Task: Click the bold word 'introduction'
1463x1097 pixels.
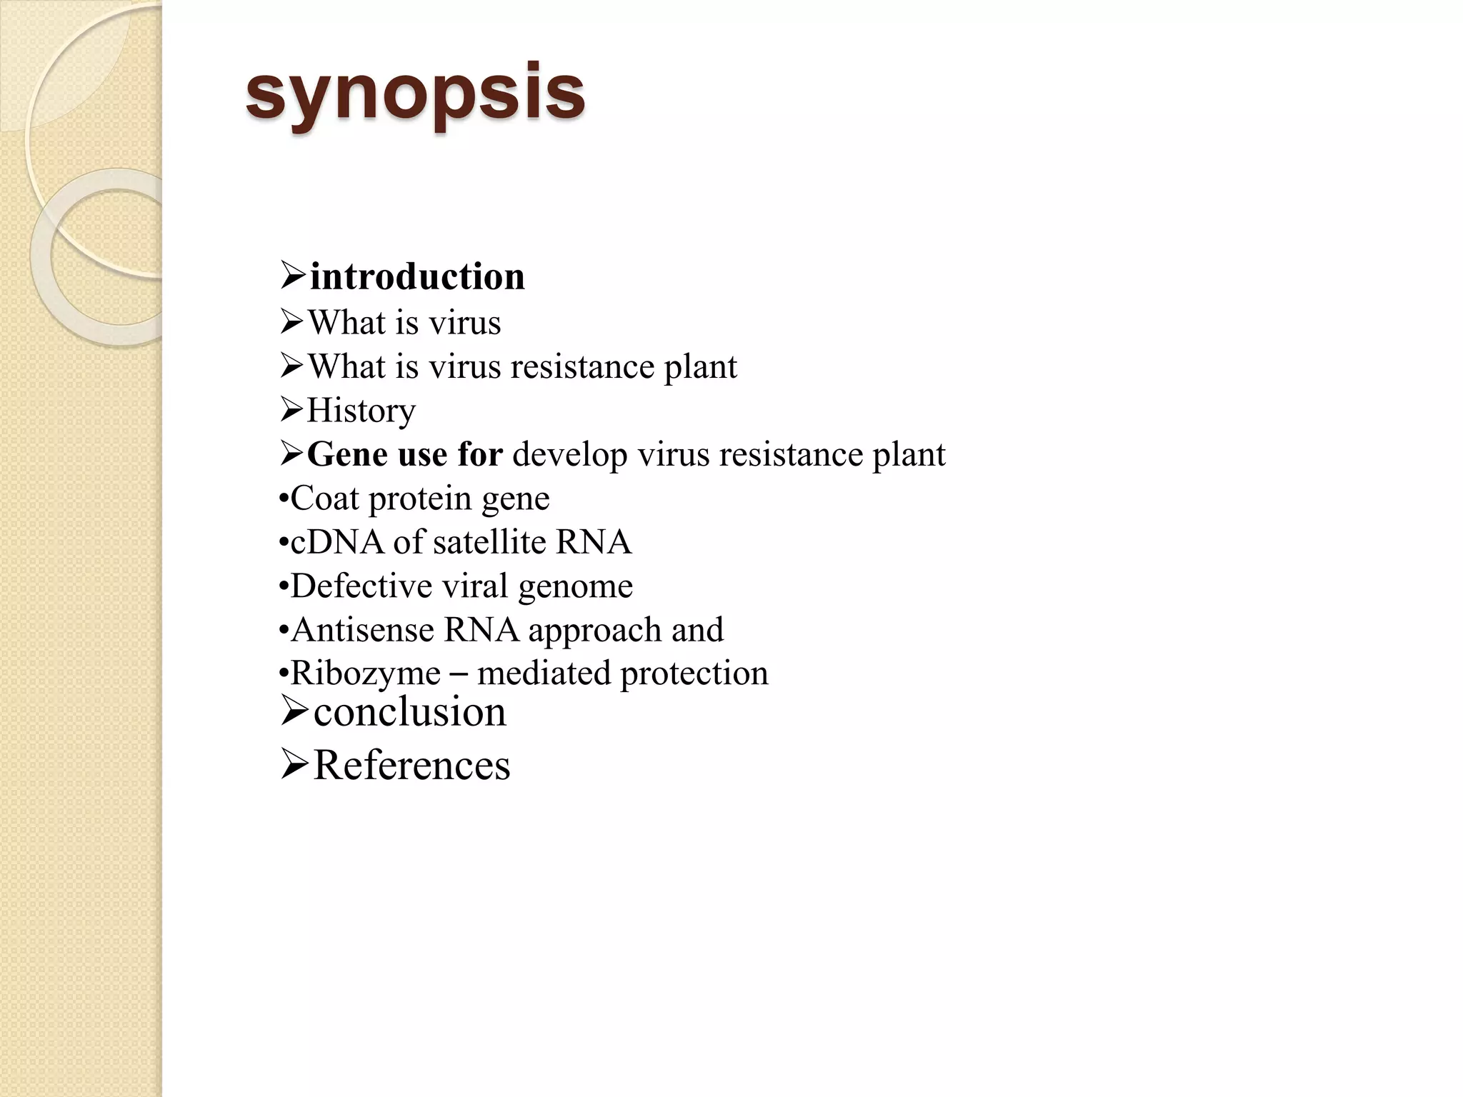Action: click(417, 276)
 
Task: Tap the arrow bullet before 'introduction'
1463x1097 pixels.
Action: click(293, 276)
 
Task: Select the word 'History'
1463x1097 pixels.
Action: click(361, 411)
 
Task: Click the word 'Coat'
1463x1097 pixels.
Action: click(324, 498)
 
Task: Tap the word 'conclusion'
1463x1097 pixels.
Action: click(409, 711)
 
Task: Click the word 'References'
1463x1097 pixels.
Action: click(411, 765)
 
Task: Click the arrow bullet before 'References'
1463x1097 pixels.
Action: click(294, 765)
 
